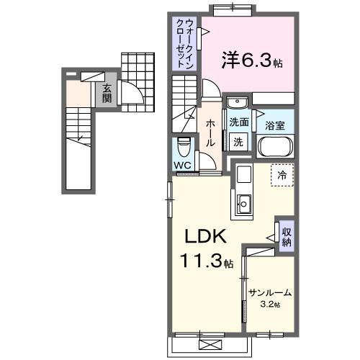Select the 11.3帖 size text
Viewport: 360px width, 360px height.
coord(207,262)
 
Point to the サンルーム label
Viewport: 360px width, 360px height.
coord(270,293)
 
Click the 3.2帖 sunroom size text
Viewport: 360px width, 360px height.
coord(270,305)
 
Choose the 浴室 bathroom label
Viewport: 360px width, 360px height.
coord(274,124)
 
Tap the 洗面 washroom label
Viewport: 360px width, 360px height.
coord(239,122)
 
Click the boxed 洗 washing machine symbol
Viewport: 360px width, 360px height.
coord(238,142)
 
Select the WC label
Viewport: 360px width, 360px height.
coord(182,163)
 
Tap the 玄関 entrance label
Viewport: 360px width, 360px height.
coord(107,93)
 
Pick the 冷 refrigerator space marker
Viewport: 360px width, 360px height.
coord(282,175)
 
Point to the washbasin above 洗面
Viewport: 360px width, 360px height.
coord(238,102)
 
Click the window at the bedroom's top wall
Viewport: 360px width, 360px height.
coord(233,9)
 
